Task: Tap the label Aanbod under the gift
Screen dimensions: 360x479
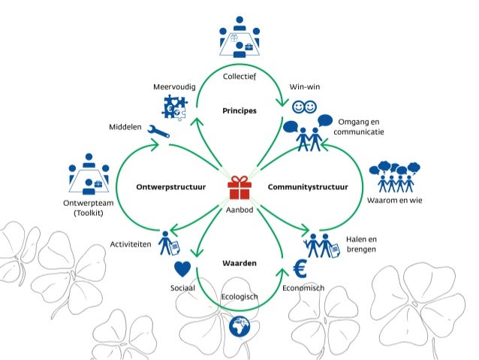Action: [x=239, y=210]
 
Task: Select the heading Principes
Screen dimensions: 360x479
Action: [x=239, y=110]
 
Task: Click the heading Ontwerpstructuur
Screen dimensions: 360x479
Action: [x=172, y=186]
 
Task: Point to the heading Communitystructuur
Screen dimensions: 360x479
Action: [x=308, y=186]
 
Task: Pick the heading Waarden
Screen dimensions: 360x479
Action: [x=239, y=264]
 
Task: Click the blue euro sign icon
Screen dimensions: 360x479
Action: [x=299, y=268]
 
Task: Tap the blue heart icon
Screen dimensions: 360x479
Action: [x=182, y=268]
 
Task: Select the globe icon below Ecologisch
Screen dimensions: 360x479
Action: [x=239, y=327]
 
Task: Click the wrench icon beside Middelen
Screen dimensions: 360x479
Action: [x=158, y=131]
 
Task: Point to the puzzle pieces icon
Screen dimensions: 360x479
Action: [x=174, y=107]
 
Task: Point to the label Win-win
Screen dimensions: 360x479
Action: [x=305, y=87]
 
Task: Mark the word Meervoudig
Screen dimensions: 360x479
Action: [x=174, y=87]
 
